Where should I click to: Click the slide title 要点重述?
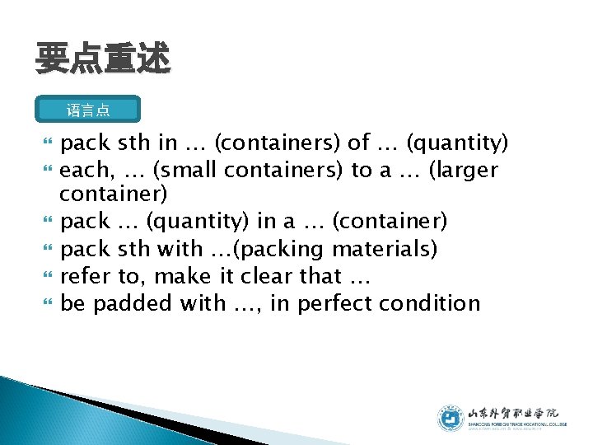102,59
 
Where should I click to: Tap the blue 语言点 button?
89,110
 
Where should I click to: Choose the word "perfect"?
338,303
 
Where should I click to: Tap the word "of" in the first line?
358,143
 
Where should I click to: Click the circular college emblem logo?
451,418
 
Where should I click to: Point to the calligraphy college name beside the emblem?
512,414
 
